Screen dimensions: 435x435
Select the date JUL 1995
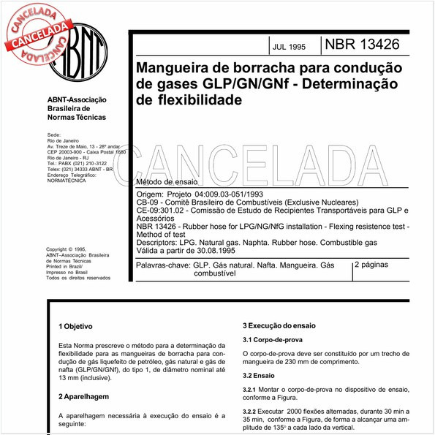point(289,47)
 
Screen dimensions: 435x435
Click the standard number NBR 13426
point(363,45)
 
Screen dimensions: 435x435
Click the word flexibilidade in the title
point(188,101)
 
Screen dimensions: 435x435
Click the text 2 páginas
point(377,265)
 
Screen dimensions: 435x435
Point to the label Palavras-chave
point(162,265)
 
